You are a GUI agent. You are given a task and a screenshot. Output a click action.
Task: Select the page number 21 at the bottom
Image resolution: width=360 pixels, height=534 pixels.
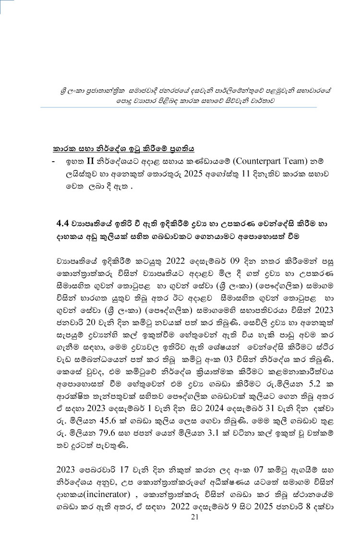(194, 517)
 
